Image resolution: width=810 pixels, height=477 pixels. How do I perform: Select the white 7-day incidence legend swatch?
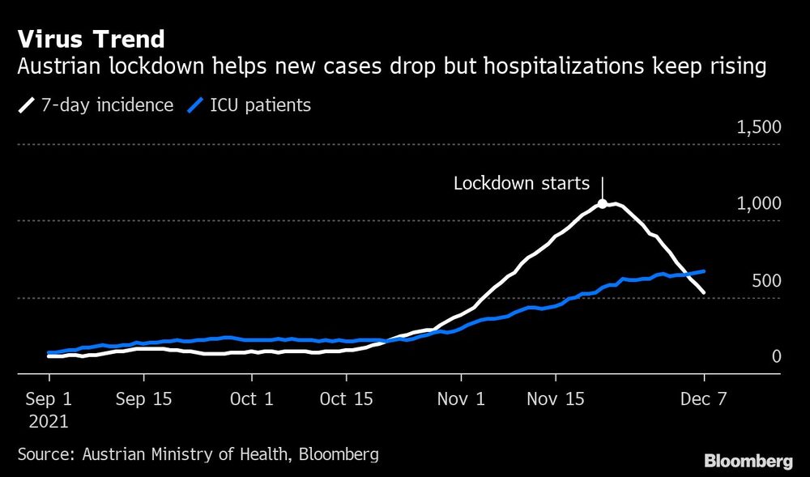[x=27, y=105]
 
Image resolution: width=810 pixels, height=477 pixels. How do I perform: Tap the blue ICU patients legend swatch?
[x=194, y=105]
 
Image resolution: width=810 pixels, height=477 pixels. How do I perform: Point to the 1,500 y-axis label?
[x=758, y=127]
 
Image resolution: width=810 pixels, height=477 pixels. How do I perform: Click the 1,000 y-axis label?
[x=758, y=204]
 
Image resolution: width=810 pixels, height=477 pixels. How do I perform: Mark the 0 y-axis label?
[x=775, y=356]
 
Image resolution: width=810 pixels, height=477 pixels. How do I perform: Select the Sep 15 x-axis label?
[x=143, y=398]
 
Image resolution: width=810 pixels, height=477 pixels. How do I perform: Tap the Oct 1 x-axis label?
[x=252, y=398]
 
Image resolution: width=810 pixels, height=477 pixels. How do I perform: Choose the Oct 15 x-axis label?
[x=346, y=398]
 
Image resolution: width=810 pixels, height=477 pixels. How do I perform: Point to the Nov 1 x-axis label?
[x=461, y=398]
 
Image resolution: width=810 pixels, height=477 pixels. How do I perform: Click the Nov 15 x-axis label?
[x=555, y=398]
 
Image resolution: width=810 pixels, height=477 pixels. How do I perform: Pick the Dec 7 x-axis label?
[x=704, y=398]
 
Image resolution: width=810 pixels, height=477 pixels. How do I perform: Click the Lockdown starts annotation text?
[x=522, y=183]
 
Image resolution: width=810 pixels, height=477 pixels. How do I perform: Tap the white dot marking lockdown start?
[x=603, y=205]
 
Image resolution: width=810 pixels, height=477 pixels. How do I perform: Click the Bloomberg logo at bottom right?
[x=748, y=462]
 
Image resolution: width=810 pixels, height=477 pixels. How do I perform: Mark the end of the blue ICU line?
[x=704, y=271]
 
